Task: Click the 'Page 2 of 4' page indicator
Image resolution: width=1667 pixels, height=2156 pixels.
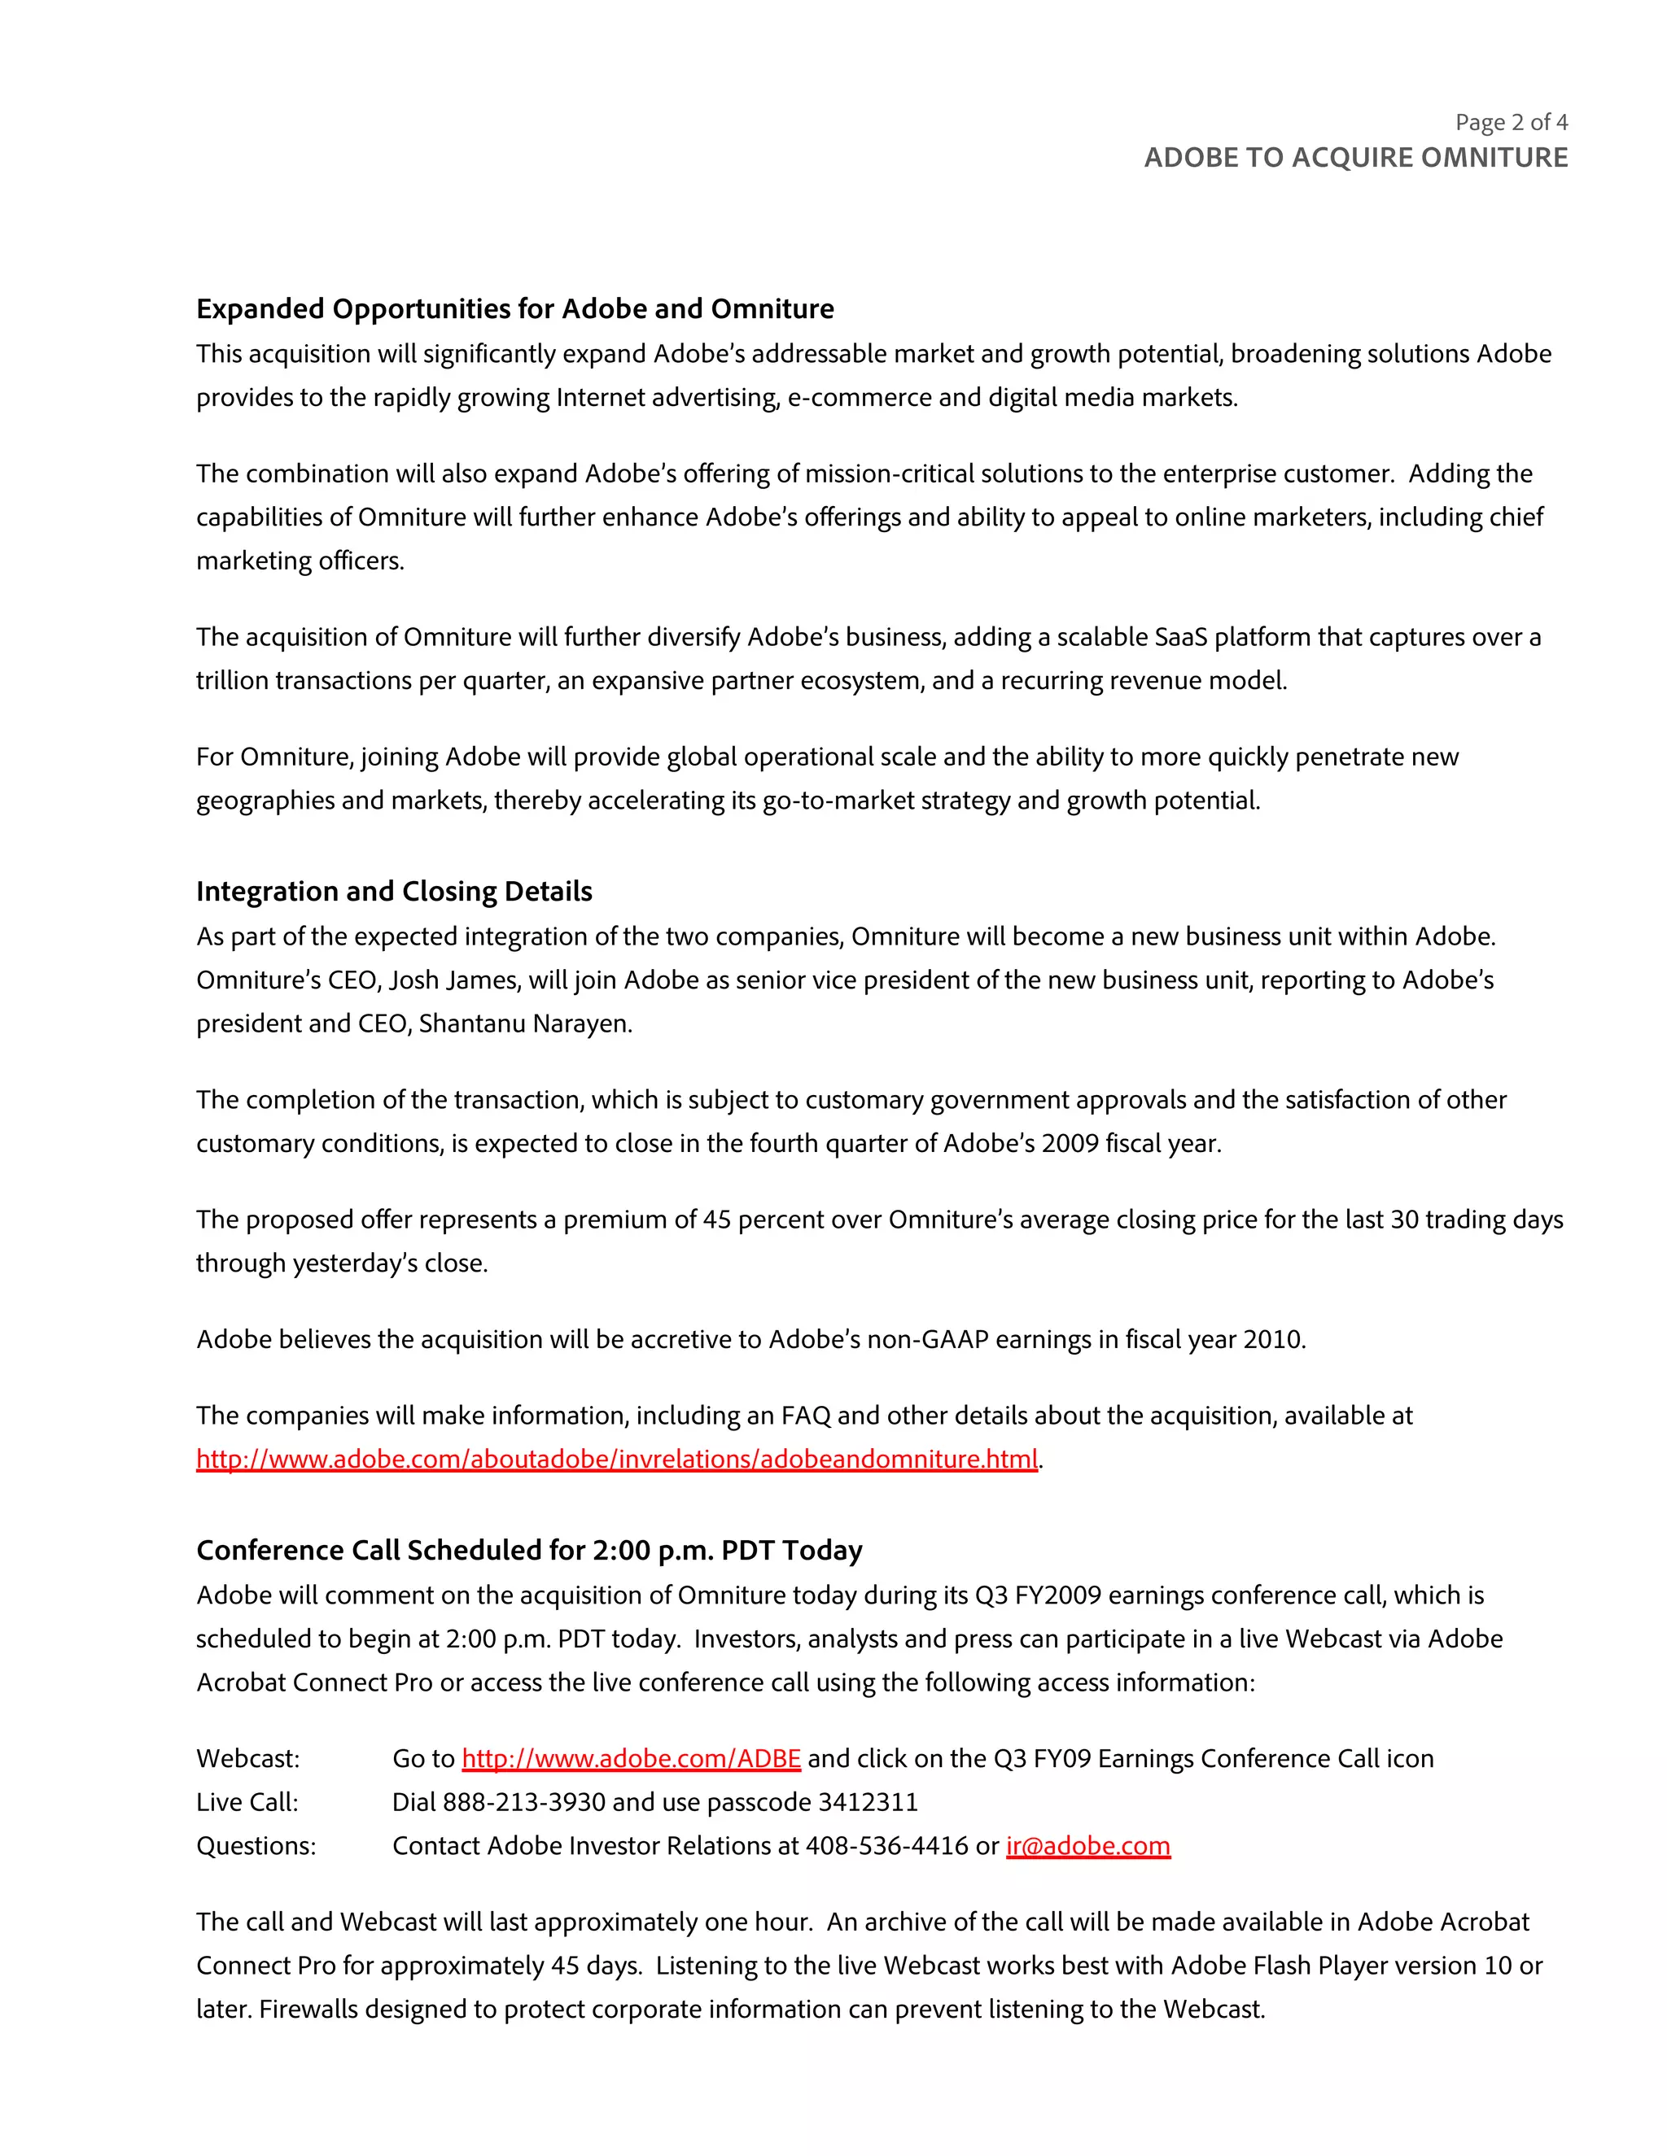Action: tap(1511, 122)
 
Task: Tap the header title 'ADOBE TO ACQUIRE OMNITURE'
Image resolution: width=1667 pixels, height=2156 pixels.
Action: tap(1355, 158)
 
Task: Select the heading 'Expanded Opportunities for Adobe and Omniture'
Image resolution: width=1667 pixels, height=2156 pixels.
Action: tap(514, 309)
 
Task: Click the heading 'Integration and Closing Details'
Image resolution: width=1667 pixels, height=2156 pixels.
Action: tap(394, 892)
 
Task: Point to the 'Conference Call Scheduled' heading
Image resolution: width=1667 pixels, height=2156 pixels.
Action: tap(529, 1550)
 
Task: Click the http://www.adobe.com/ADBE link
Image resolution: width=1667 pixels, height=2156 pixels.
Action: tap(631, 1758)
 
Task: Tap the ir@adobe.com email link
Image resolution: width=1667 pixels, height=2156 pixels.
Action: tap(1087, 1845)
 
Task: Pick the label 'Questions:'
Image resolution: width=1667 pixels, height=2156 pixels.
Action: tap(256, 1845)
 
